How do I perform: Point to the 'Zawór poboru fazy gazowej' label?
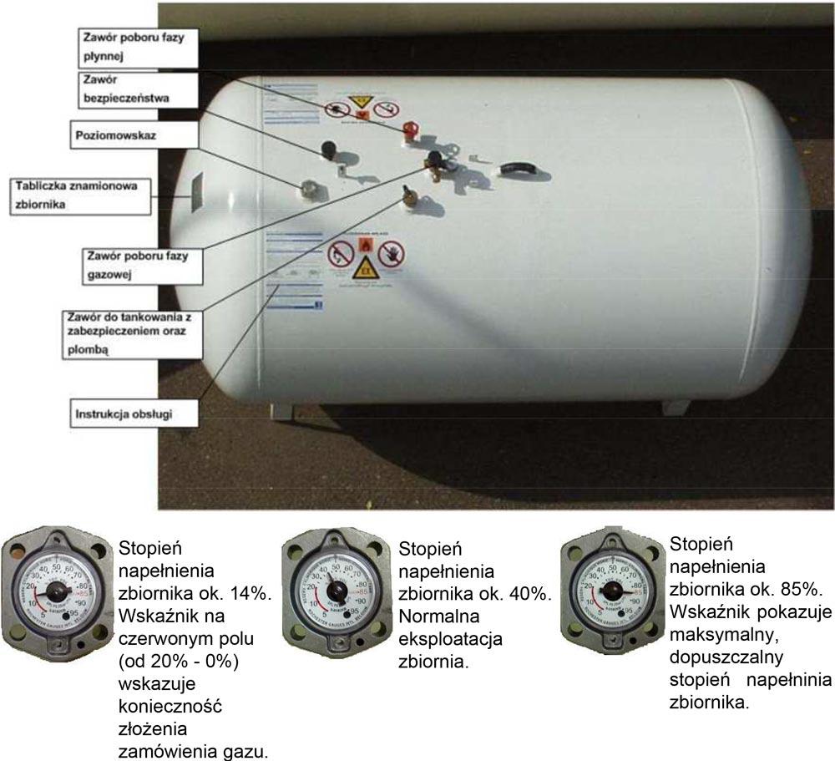pyautogui.click(x=138, y=264)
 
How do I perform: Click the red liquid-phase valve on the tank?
pyautogui.click(x=409, y=131)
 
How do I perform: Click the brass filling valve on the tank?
pyautogui.click(x=410, y=196)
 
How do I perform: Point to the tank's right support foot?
pyautogui.click(x=675, y=407)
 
